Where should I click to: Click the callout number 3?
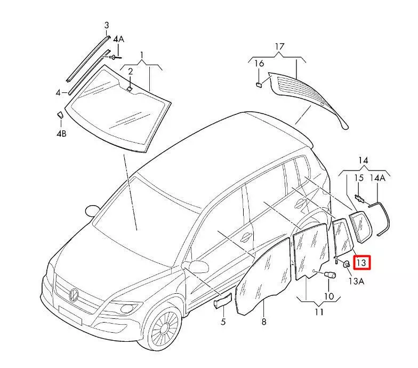[106, 26]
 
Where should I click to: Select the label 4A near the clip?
[118, 39]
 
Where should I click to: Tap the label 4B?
[61, 134]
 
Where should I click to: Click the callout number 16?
[259, 64]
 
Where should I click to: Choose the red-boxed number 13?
[361, 262]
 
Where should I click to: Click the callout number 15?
[359, 177]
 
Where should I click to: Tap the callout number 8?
[263, 322]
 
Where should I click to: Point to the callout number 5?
[223, 322]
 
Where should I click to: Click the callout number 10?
[328, 295]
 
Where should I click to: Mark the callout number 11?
[319, 312]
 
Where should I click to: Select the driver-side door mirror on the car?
[198, 265]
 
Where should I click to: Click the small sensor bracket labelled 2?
[130, 88]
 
